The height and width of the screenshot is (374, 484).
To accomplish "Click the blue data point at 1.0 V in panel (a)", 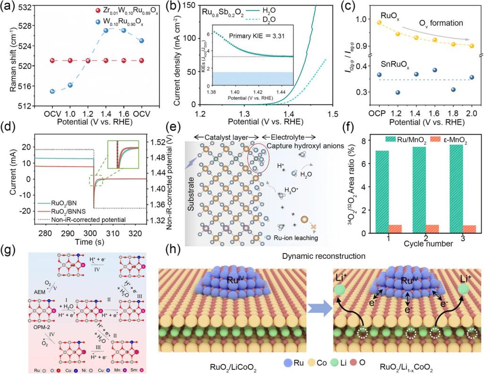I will (x=70, y=85).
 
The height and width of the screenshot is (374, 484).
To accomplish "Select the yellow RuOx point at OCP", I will (x=378, y=22).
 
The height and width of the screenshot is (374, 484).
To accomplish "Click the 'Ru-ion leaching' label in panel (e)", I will (x=296, y=238).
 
